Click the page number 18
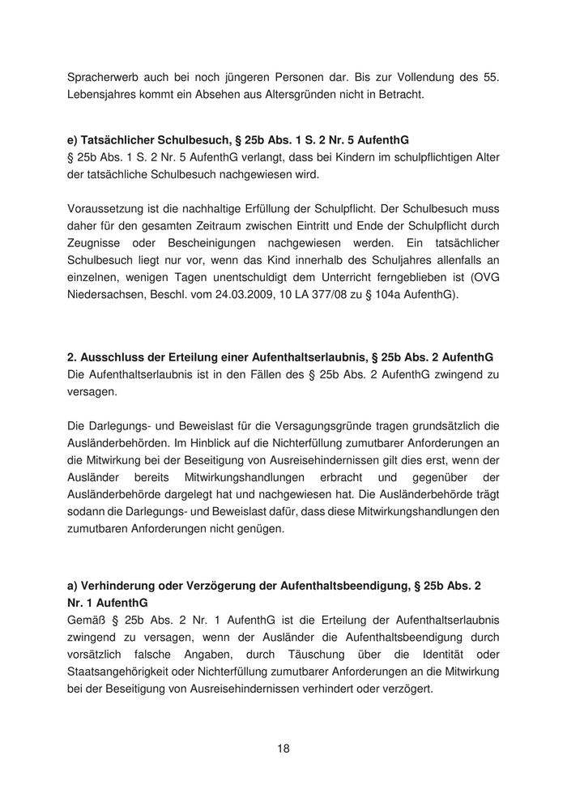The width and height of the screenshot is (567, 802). pyautogui.click(x=283, y=749)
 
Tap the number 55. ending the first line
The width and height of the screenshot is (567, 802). pyautogui.click(x=488, y=78)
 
